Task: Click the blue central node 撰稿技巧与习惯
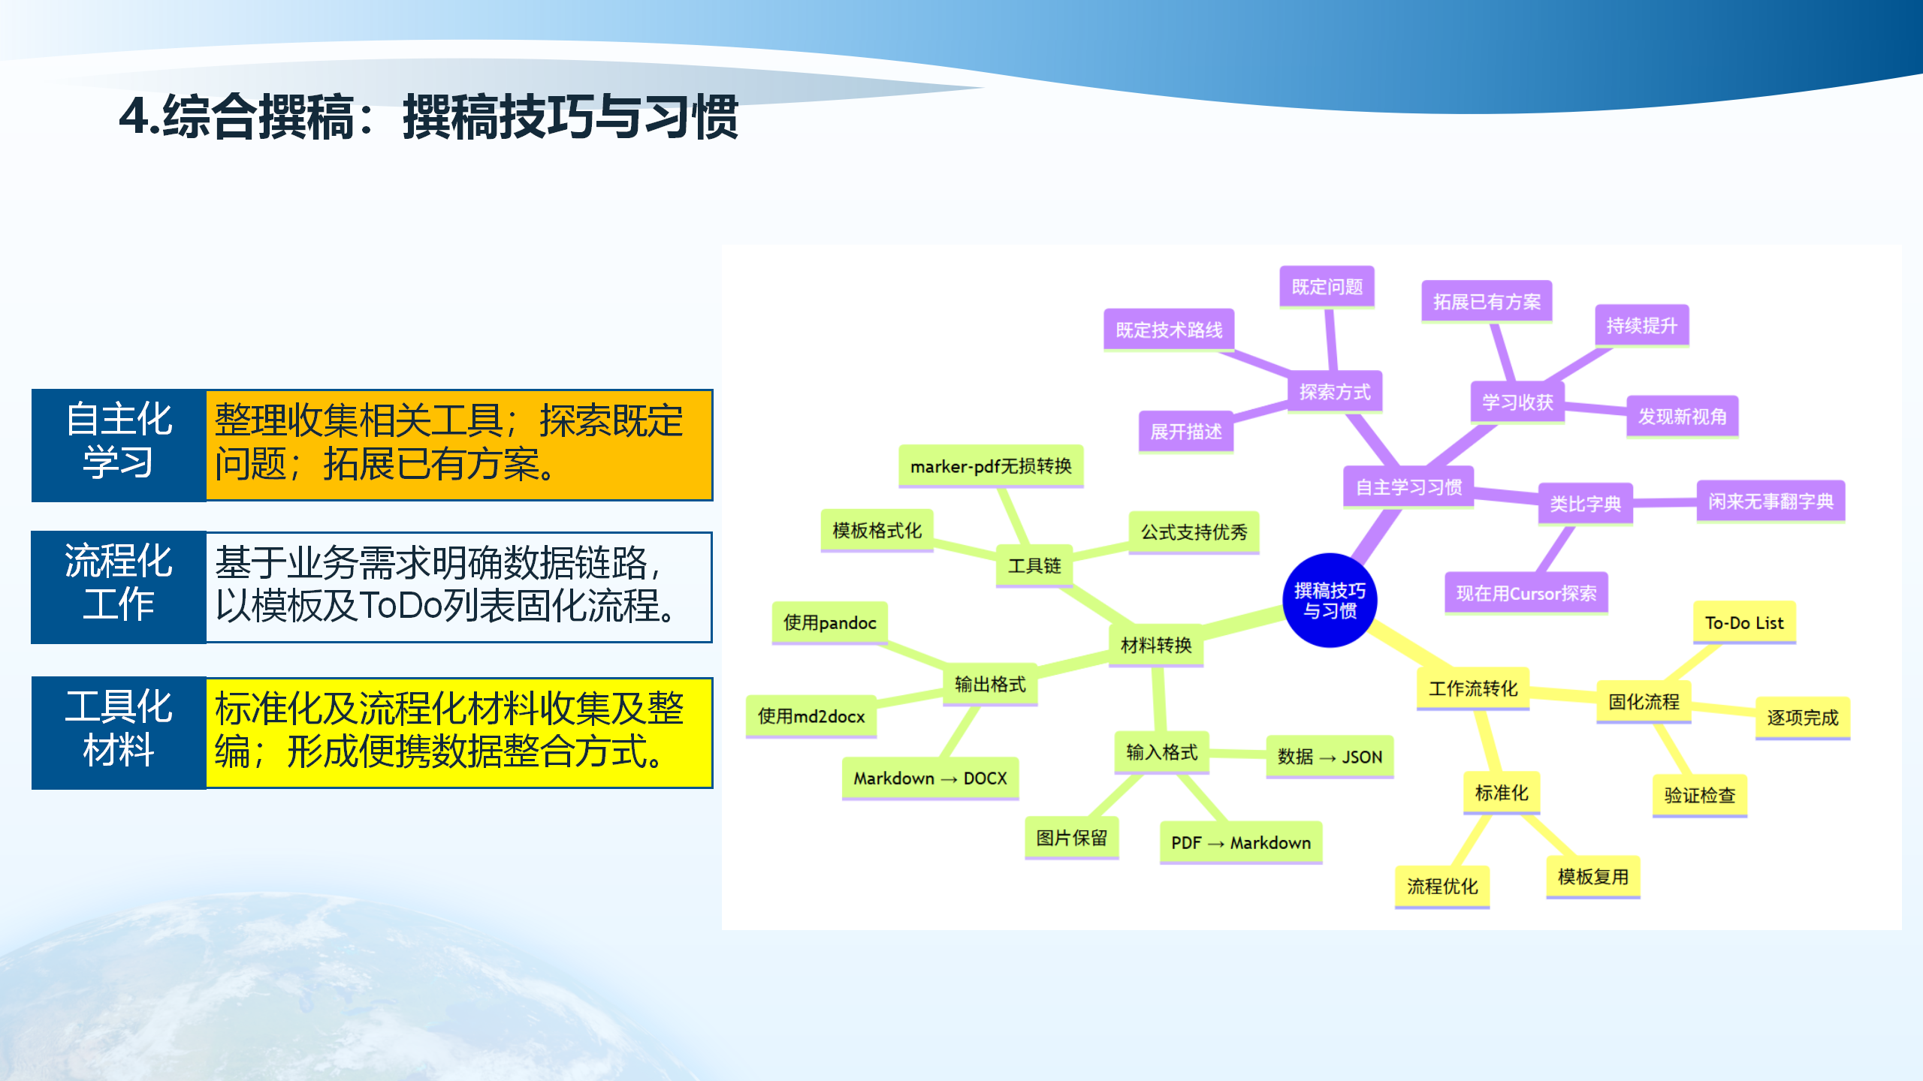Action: pyautogui.click(x=1330, y=601)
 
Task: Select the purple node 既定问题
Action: pyautogui.click(x=1327, y=287)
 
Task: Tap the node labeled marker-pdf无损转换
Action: pyautogui.click(x=991, y=466)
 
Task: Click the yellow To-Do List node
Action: pyautogui.click(x=1743, y=622)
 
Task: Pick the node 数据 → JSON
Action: pyautogui.click(x=1330, y=757)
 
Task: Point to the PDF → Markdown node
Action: pyautogui.click(x=1241, y=842)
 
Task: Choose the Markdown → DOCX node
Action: pyautogui.click(x=930, y=778)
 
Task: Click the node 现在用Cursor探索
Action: pyautogui.click(x=1526, y=594)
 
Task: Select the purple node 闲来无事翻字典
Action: pyautogui.click(x=1771, y=501)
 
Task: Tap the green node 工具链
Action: pyautogui.click(x=1034, y=565)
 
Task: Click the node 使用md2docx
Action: pyautogui.click(x=811, y=716)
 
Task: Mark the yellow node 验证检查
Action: pyautogui.click(x=1699, y=795)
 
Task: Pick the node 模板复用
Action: pyautogui.click(x=1592, y=876)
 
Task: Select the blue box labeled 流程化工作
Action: pyautogui.click(x=119, y=586)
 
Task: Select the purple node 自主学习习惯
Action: pyautogui.click(x=1408, y=487)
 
